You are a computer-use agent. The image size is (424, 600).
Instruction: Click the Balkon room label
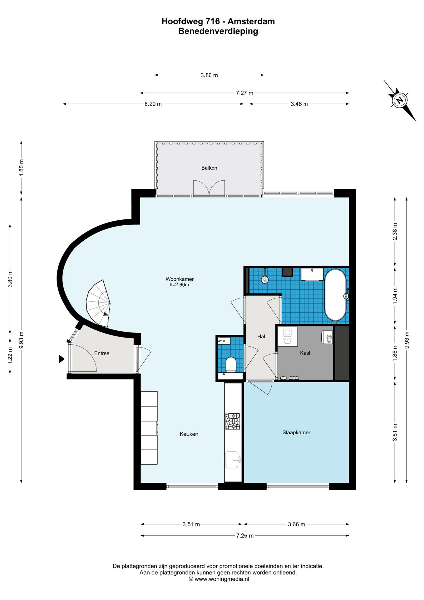point(209,168)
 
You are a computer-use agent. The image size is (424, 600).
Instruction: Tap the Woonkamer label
point(180,279)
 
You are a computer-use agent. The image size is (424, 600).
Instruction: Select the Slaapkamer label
point(296,432)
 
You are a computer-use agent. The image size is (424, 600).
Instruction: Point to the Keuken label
point(189,434)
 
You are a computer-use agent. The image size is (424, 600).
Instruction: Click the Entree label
point(102,353)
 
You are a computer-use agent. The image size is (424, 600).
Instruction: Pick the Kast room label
point(305,353)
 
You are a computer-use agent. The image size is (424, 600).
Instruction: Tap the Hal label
point(261,337)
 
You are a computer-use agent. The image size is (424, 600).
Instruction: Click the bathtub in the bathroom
point(335,295)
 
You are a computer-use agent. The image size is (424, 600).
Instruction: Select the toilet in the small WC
point(231,365)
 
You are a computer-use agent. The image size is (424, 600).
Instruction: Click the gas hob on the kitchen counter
point(233,421)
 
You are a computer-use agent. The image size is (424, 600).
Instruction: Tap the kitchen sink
point(232,460)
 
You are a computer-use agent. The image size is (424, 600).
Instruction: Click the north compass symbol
point(400,100)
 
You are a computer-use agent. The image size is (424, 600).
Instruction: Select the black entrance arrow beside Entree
point(62,359)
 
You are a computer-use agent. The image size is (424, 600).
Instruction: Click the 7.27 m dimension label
point(244,93)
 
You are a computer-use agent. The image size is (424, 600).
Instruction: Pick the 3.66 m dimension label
point(296,524)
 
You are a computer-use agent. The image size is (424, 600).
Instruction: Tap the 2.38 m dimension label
point(395,232)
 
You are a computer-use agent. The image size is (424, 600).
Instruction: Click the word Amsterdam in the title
point(251,22)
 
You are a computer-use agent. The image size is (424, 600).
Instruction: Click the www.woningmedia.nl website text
point(222,579)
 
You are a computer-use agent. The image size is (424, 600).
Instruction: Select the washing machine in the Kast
point(288,336)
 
